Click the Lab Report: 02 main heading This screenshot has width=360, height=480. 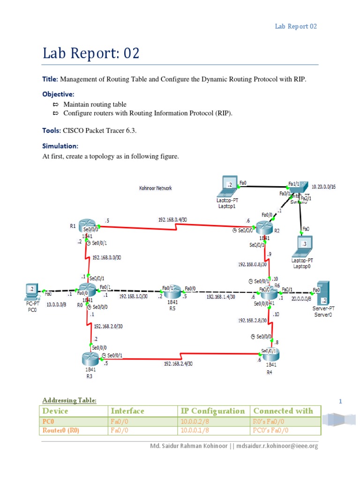click(x=91, y=54)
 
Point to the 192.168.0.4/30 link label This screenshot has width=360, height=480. click(x=172, y=219)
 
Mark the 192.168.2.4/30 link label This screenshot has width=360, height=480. click(x=178, y=363)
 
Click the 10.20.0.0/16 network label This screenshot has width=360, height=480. click(x=323, y=187)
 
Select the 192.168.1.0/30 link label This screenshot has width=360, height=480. click(x=133, y=296)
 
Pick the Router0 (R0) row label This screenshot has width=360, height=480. click(x=60, y=430)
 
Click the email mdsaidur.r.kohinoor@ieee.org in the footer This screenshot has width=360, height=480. click(x=279, y=446)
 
